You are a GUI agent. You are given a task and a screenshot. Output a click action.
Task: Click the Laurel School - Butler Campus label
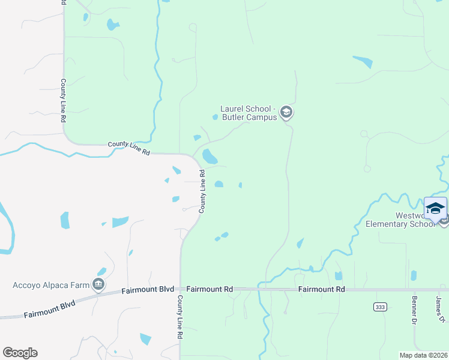tap(248, 113)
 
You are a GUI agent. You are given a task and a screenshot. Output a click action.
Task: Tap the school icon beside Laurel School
tap(286, 112)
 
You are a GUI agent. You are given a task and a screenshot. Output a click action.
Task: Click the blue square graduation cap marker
tap(435, 208)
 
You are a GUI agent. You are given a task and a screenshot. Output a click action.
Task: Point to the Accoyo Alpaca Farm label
tap(50, 284)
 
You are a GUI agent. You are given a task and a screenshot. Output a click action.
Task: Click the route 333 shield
tap(379, 307)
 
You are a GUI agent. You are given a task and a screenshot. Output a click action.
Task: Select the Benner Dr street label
tap(414, 310)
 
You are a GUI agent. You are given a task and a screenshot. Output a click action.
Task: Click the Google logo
tap(20, 353)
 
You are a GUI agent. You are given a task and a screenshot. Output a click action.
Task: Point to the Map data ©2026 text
tap(423, 355)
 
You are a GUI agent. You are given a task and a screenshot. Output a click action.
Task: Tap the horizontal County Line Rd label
tap(129, 148)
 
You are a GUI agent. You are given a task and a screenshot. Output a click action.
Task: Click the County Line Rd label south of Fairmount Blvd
tap(179, 318)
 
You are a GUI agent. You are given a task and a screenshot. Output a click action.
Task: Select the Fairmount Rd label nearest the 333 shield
tap(322, 289)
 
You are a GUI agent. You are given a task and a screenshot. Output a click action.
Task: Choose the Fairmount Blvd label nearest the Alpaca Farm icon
tap(144, 290)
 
